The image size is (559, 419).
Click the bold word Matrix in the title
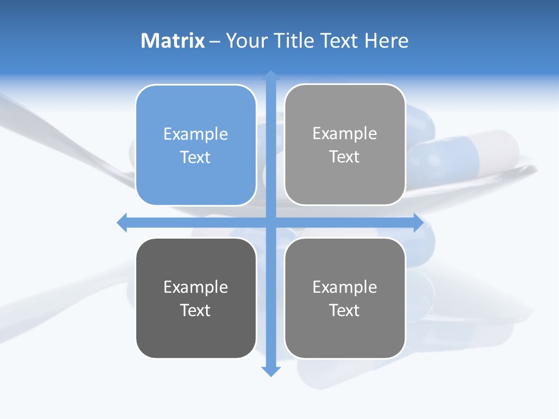point(173,41)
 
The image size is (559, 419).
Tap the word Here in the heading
point(386,41)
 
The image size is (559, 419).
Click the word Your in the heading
point(247,41)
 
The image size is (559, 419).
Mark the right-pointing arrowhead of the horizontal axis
point(418,222)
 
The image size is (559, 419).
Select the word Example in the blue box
point(196,134)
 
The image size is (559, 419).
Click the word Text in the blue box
point(196,157)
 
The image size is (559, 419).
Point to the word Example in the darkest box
point(196,287)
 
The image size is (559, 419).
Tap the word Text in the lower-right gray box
point(345,310)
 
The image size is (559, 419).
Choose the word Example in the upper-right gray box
point(345,133)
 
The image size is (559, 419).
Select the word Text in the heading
point(341,41)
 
